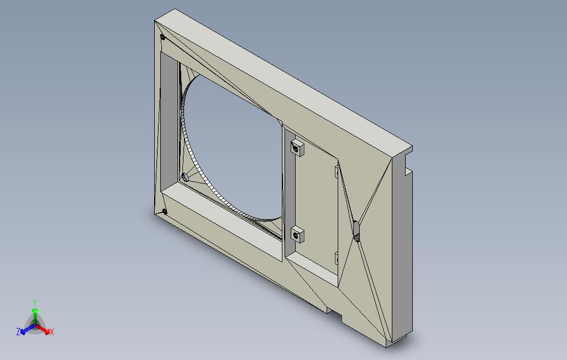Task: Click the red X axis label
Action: point(51,332)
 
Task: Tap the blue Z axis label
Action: point(18,332)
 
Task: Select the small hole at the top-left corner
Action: point(162,38)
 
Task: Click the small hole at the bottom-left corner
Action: point(165,211)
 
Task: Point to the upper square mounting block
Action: point(298,147)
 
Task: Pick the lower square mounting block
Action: point(298,234)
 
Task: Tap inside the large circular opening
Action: point(232,144)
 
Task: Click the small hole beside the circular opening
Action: point(185,177)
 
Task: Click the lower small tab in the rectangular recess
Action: point(337,257)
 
